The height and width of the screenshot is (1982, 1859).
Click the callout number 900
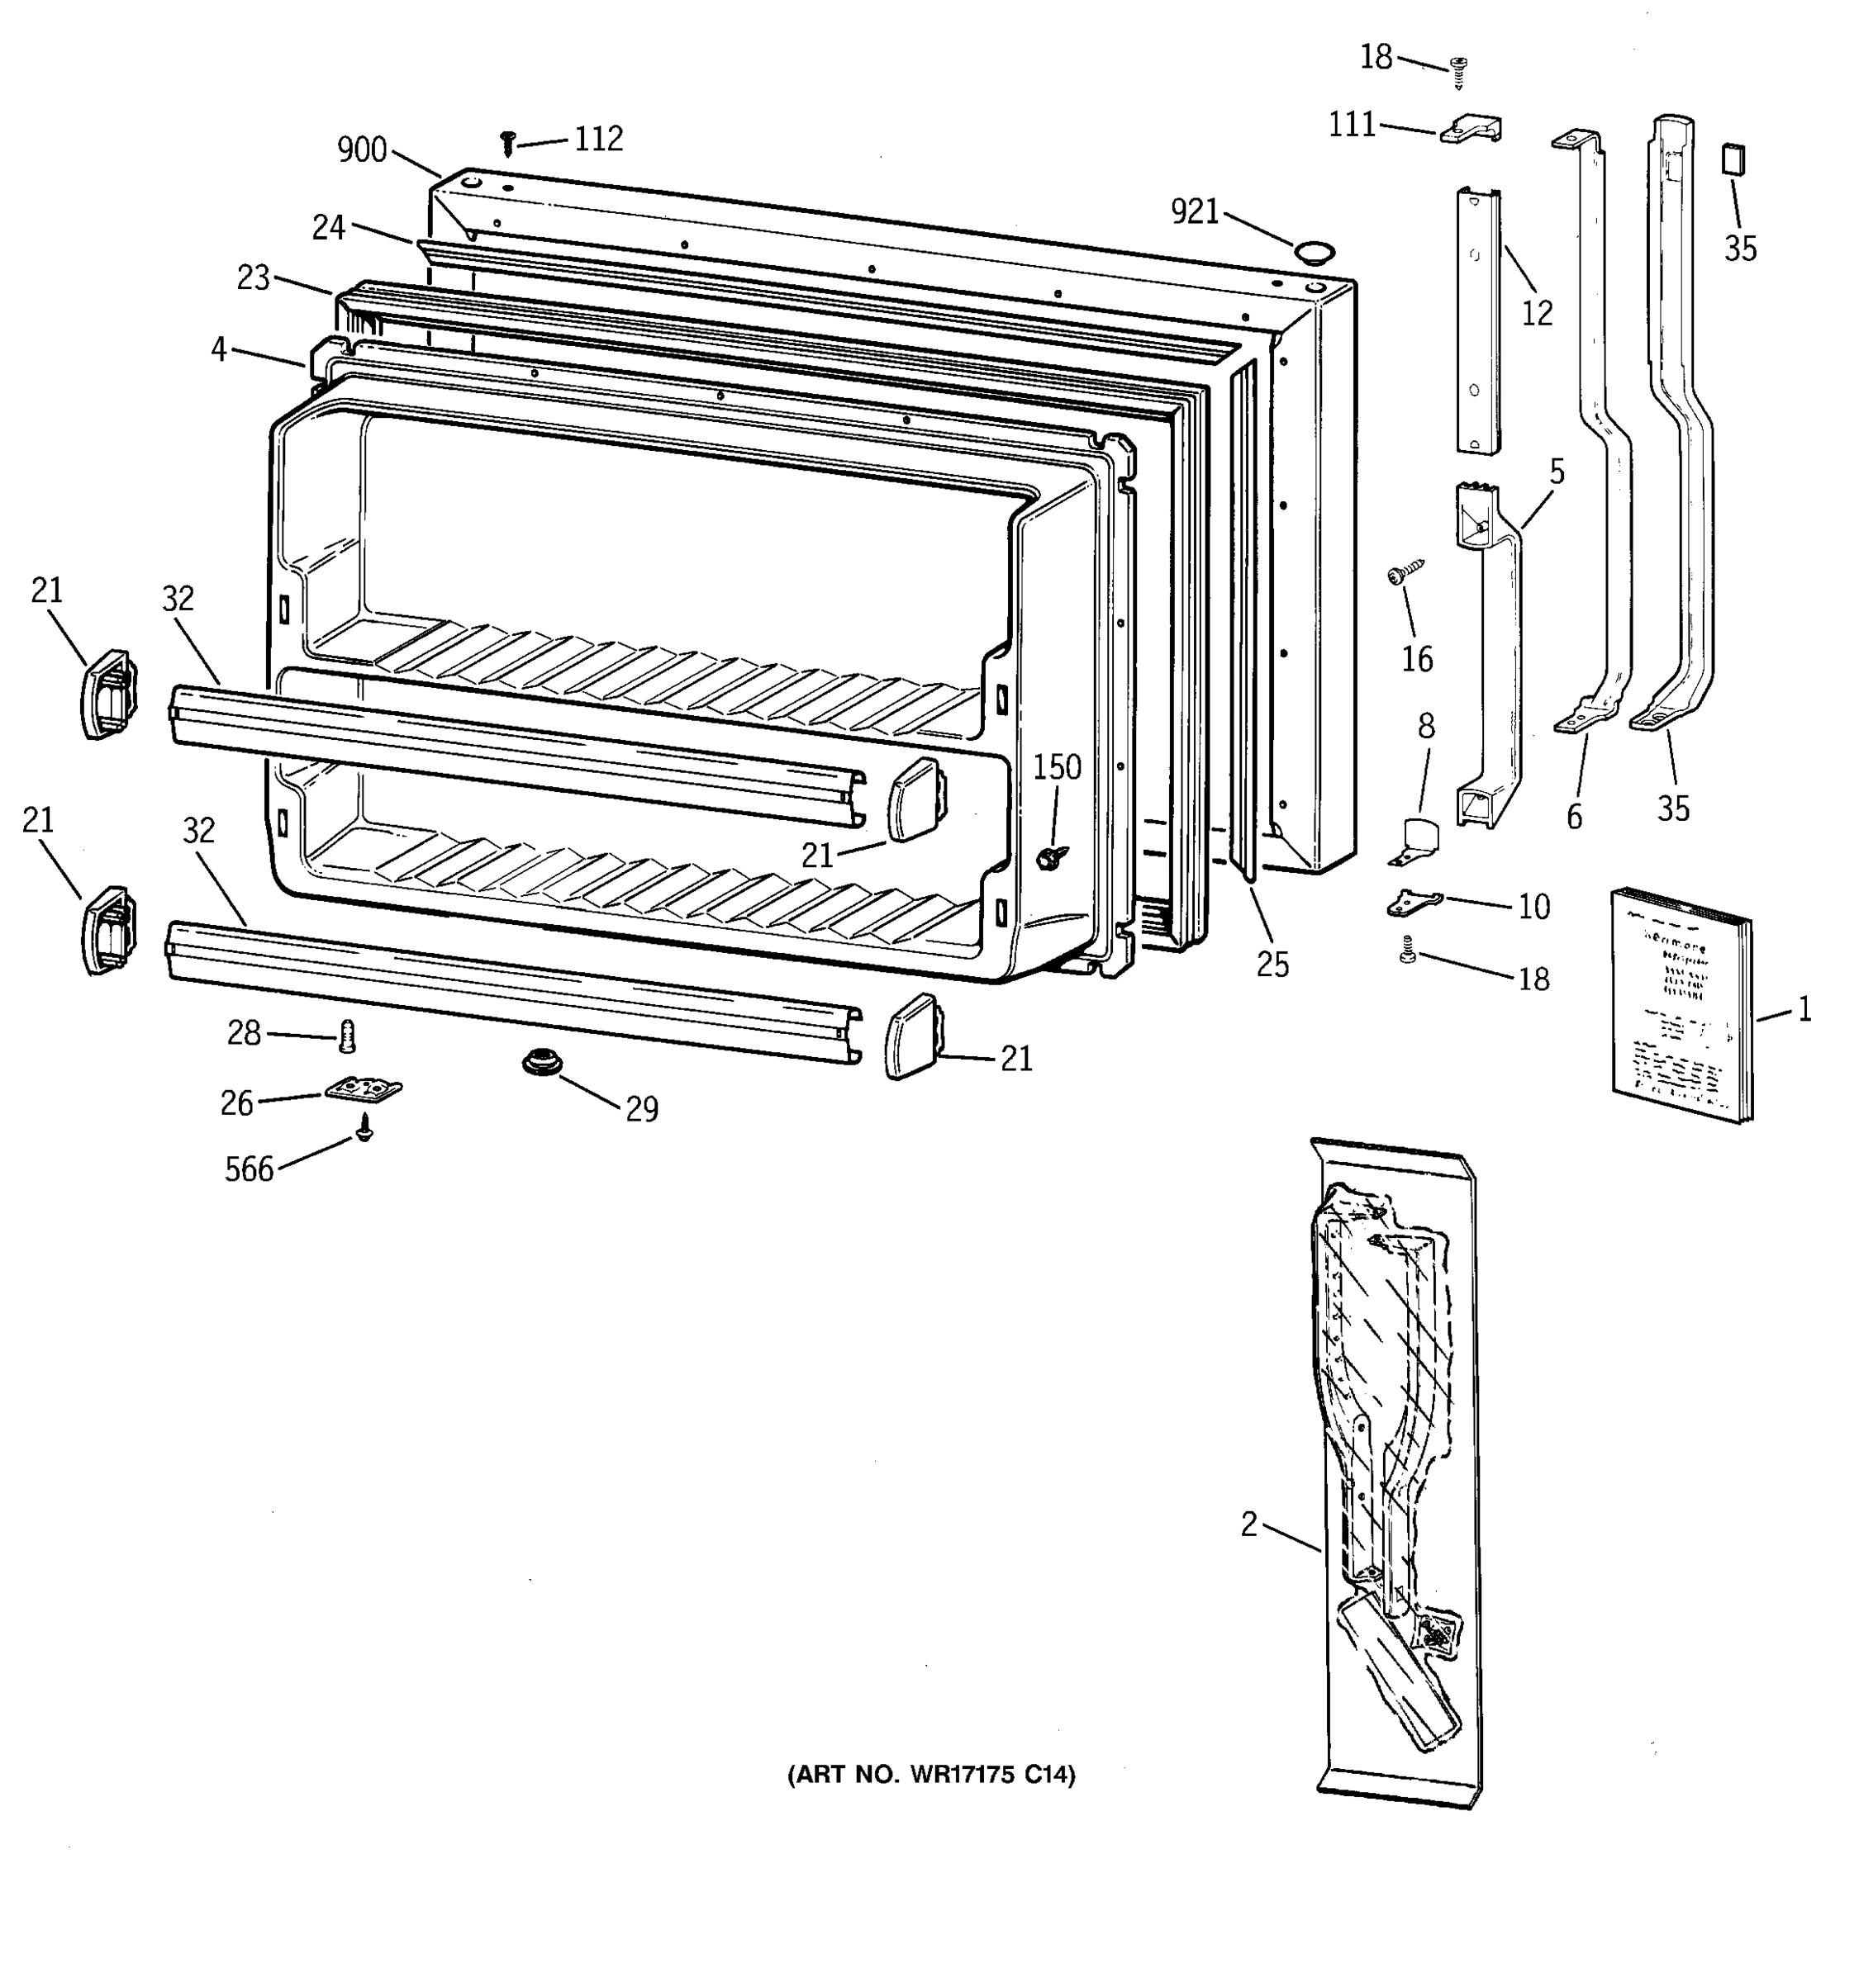(x=361, y=150)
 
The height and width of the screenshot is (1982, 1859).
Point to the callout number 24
(x=328, y=228)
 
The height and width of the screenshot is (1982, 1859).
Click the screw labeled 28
(x=347, y=1037)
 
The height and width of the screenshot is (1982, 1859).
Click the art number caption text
(x=930, y=1775)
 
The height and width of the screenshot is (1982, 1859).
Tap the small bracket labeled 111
(x=1470, y=129)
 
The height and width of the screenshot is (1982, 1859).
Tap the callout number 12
(x=1537, y=313)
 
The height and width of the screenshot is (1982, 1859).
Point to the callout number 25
(x=1272, y=964)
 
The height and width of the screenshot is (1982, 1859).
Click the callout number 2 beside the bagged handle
(x=1248, y=1524)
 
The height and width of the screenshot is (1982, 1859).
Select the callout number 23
(x=254, y=277)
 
